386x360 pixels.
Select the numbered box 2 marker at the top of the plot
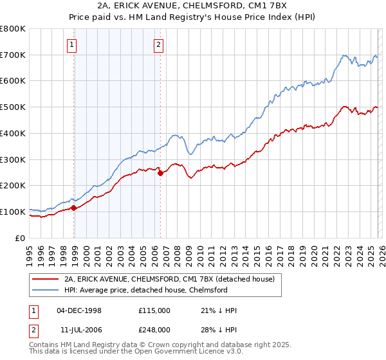158,45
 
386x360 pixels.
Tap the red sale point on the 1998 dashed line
74,208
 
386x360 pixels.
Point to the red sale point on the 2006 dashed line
160,173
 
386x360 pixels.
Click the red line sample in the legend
45,279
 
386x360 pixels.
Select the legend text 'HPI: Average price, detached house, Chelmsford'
145,290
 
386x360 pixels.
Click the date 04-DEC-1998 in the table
79,310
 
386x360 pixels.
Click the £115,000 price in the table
154,310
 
